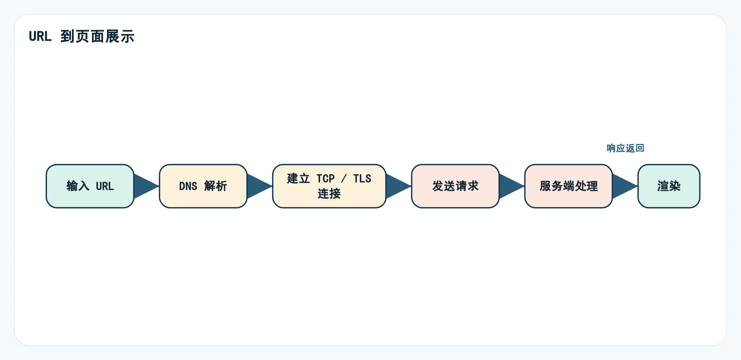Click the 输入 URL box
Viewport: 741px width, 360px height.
tap(90, 186)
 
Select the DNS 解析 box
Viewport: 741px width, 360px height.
tap(203, 186)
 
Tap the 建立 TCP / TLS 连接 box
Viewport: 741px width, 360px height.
tap(329, 186)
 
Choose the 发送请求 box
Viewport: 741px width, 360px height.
tap(455, 186)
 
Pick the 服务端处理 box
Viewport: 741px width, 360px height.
tap(569, 186)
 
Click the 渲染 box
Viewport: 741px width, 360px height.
tap(669, 186)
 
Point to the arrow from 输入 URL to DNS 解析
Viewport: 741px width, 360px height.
tap(146, 186)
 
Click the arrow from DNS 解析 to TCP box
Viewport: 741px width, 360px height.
tap(259, 186)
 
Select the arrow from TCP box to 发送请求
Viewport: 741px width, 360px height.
tap(398, 186)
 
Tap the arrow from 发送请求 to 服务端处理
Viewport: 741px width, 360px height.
tap(511, 186)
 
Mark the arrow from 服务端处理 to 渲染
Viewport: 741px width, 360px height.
tap(624, 186)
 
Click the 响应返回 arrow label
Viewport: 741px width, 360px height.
tap(625, 148)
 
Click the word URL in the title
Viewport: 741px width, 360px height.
tap(40, 37)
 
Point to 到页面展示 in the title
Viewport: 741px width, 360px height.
tap(97, 37)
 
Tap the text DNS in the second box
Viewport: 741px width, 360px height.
tap(188, 186)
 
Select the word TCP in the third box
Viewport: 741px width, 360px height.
tap(325, 179)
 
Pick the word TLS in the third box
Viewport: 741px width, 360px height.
tap(362, 179)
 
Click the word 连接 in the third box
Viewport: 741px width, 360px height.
tap(329, 194)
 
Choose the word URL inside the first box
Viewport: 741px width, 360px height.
tap(105, 186)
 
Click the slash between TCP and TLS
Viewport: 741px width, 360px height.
tap(344, 179)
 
